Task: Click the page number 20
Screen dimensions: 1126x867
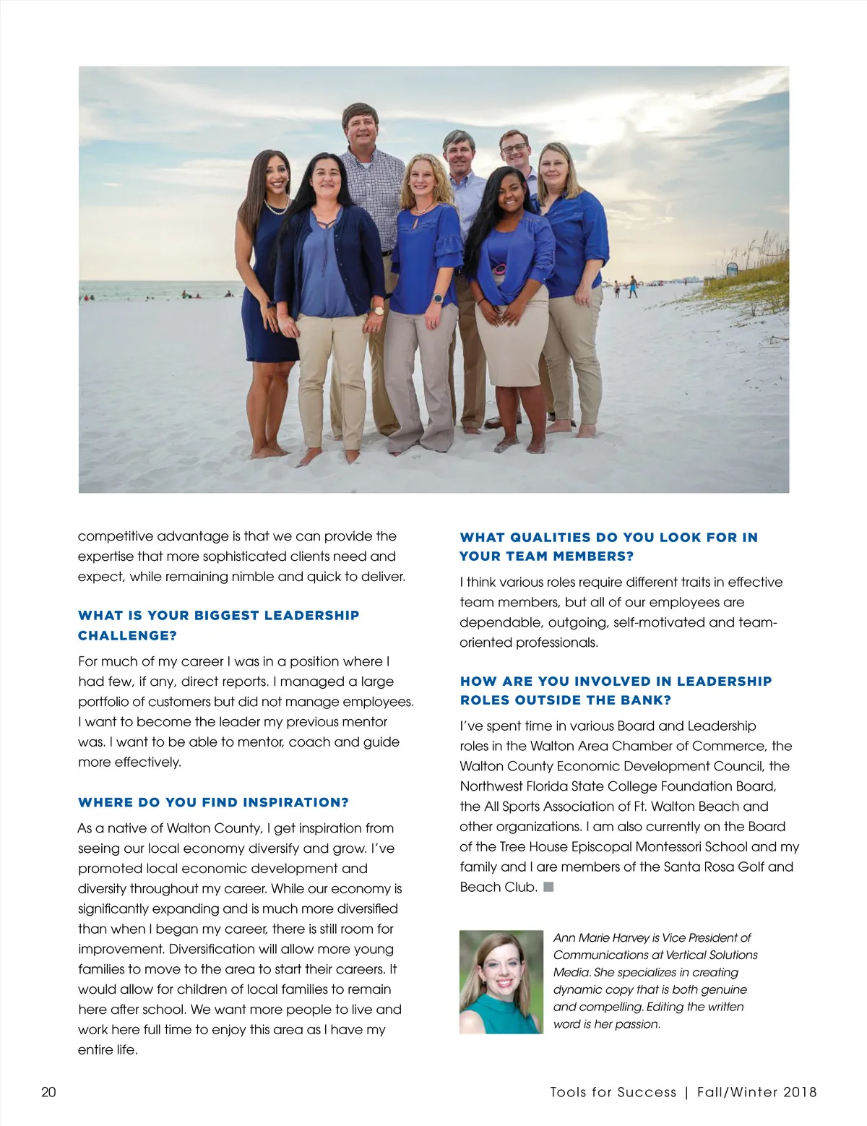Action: (48, 1092)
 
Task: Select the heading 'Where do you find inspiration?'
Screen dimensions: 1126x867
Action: (213, 802)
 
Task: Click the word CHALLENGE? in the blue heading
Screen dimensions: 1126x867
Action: (127, 635)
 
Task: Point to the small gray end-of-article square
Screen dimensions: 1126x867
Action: (548, 887)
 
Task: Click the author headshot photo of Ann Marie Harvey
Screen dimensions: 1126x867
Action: (501, 981)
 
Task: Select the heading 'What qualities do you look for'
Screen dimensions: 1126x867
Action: (608, 537)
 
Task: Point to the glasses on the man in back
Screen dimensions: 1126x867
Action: (514, 149)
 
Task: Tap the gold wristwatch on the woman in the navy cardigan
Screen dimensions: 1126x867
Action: (378, 311)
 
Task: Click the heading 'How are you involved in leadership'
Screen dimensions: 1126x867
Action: (616, 681)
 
